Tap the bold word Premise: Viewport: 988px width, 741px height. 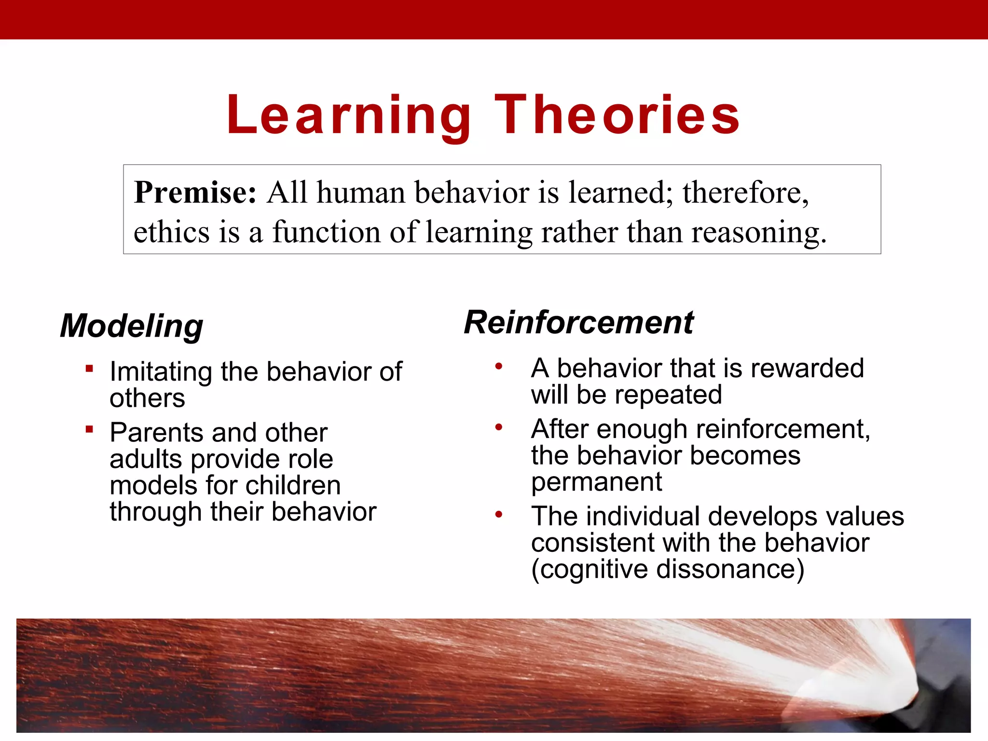pyautogui.click(x=195, y=192)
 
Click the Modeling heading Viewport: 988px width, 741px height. pyautogui.click(x=131, y=326)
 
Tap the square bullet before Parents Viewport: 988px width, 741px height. pyautogui.click(x=89, y=429)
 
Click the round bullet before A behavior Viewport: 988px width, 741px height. pyautogui.click(x=499, y=367)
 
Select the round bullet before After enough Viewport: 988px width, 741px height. pyautogui.click(x=499, y=427)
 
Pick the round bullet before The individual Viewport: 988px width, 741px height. pyautogui.click(x=499, y=514)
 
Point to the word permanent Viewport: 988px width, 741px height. pyautogui.click(x=597, y=482)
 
